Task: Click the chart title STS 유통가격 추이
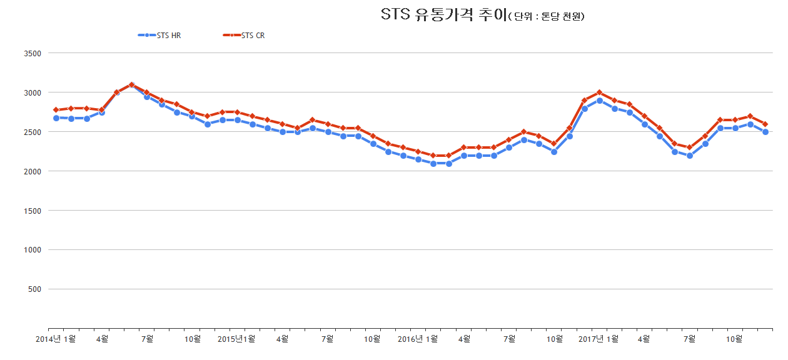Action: [x=443, y=15]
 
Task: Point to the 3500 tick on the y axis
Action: [x=32, y=54]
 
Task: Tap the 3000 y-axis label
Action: [x=32, y=92]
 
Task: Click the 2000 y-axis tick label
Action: [x=32, y=171]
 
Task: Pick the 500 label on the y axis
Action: [x=34, y=289]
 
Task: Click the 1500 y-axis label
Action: [x=32, y=211]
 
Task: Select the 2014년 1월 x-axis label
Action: [x=56, y=339]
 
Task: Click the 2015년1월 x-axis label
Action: [x=236, y=339]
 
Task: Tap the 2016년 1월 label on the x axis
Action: [x=417, y=339]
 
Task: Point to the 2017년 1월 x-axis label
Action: [x=599, y=339]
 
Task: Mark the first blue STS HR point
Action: [x=56, y=117]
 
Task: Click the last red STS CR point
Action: [x=765, y=124]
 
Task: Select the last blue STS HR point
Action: [x=765, y=132]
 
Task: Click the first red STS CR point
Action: [x=56, y=110]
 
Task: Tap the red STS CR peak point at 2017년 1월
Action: [x=599, y=92]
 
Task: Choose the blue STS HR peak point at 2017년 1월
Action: [x=599, y=101]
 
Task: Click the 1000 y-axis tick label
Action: [x=32, y=250]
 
